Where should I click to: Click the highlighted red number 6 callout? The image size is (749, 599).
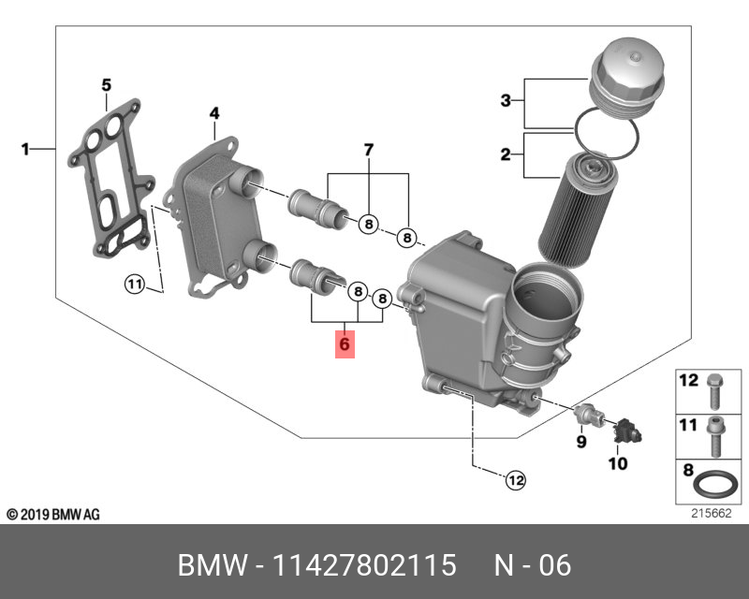pyautogui.click(x=345, y=345)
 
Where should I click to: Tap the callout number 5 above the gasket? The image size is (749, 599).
pyautogui.click(x=106, y=85)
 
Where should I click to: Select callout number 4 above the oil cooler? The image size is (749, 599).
pyautogui.click(x=213, y=113)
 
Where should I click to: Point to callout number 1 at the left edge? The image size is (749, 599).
pyautogui.click(x=26, y=148)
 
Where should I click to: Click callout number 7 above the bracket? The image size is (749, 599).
pyautogui.click(x=368, y=150)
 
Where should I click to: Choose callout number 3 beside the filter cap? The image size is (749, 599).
pyautogui.click(x=505, y=101)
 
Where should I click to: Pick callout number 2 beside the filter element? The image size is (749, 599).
pyautogui.click(x=505, y=155)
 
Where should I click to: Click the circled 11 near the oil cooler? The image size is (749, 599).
pyautogui.click(x=135, y=285)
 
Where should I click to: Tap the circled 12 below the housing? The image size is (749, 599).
pyautogui.click(x=516, y=480)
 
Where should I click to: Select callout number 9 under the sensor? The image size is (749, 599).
pyautogui.click(x=580, y=441)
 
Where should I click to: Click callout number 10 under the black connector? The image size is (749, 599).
pyautogui.click(x=619, y=461)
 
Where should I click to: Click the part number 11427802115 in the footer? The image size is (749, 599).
pyautogui.click(x=364, y=565)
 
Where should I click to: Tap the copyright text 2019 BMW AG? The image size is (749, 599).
pyautogui.click(x=52, y=515)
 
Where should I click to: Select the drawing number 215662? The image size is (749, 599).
pyautogui.click(x=711, y=513)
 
